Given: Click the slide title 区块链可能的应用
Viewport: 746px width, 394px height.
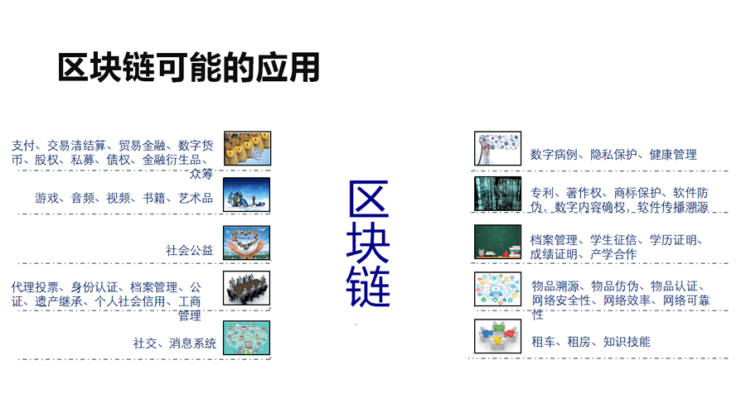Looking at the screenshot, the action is point(188,68).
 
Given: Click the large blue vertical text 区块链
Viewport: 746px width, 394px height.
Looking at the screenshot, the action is point(368,244).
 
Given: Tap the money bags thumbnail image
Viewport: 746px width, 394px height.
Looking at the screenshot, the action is point(247,149).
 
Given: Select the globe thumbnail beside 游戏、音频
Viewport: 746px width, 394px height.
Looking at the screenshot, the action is point(246,195).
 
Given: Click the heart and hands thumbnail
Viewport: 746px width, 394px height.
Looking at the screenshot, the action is point(246,243).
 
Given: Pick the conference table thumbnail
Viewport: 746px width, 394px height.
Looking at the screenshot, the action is point(246,288).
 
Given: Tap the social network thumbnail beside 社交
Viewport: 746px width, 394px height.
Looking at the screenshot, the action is point(246,338).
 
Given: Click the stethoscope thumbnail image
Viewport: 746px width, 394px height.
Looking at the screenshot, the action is point(497,149).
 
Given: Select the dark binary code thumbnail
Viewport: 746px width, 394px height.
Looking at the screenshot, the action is point(497,194).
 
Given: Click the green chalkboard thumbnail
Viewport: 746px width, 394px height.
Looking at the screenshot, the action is point(497,242).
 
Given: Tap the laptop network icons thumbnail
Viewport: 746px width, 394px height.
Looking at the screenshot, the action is point(497,289).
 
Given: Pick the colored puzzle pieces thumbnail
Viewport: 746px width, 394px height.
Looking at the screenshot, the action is point(497,336).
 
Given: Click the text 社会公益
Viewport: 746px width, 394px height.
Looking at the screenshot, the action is point(189,251).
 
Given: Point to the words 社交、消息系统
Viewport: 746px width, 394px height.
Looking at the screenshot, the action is point(175,344).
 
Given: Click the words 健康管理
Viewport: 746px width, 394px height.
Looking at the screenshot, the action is point(673,155).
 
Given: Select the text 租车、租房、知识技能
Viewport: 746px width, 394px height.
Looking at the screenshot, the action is point(591,342).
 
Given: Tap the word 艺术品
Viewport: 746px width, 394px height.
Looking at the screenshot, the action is point(196,198).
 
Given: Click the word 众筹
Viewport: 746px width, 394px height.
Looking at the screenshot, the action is point(201,174).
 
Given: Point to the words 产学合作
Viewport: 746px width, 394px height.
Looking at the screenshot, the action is point(613,254).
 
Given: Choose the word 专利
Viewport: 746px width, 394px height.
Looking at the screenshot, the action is point(542,193).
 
